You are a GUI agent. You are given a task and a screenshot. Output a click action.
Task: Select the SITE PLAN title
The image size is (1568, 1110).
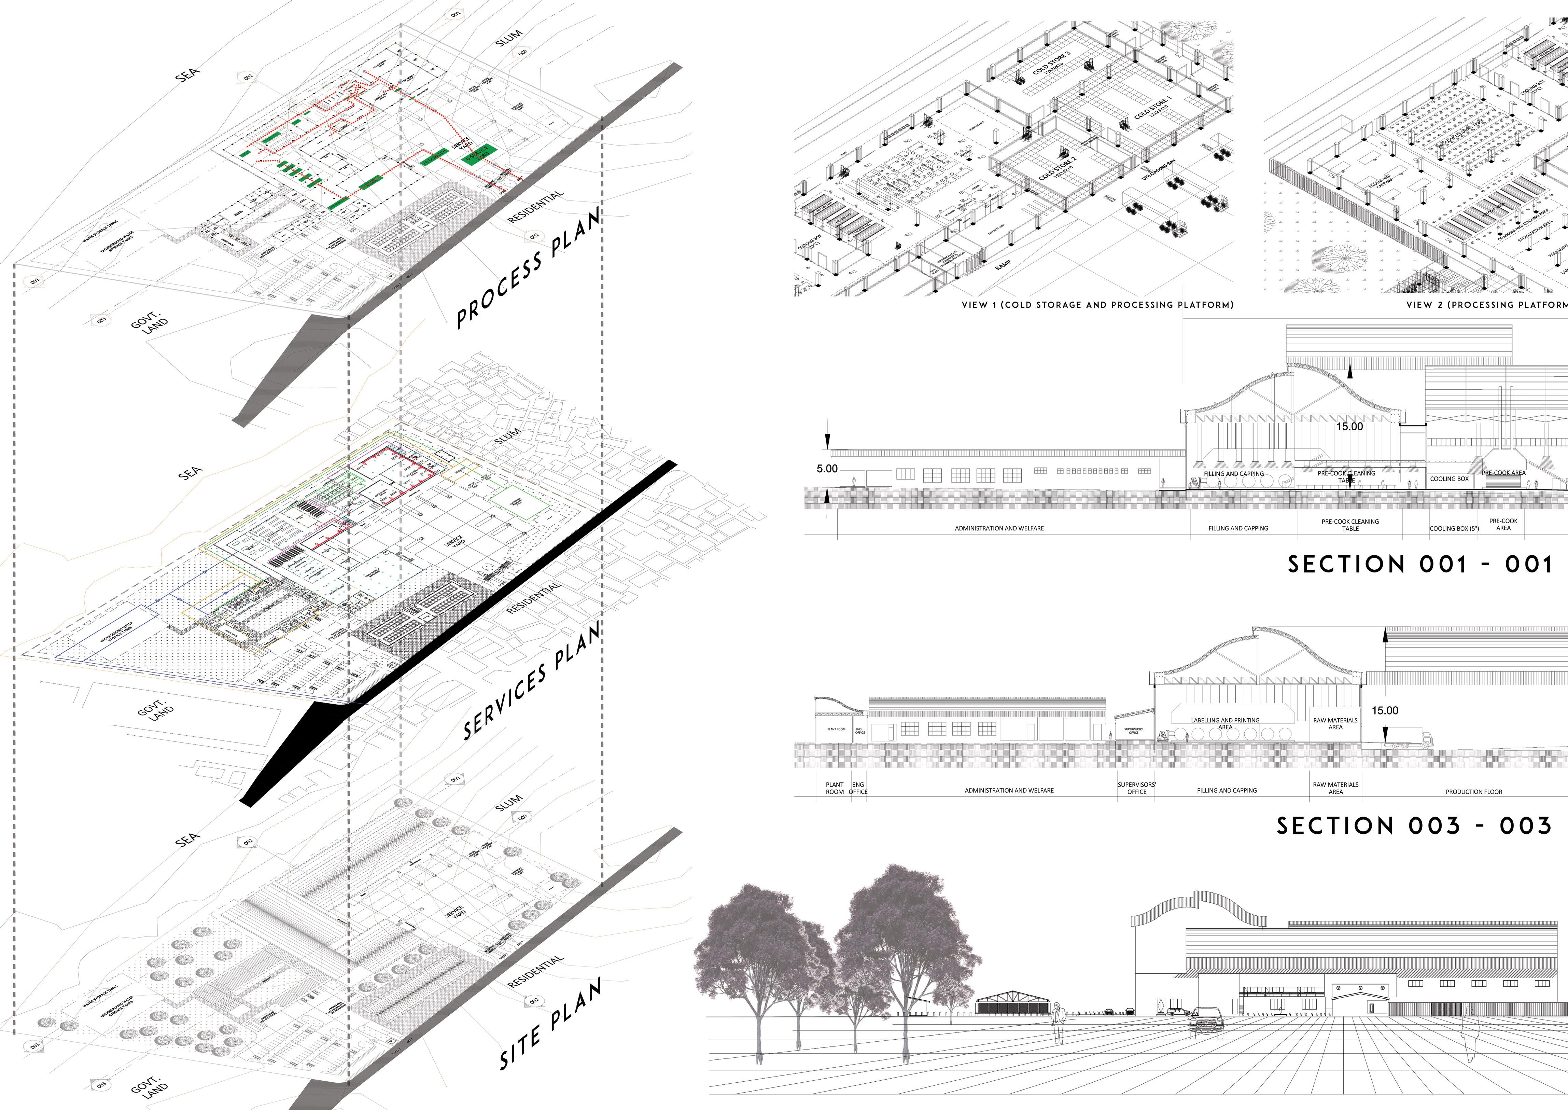tap(550, 1023)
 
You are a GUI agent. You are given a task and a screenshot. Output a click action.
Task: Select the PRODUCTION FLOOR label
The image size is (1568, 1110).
tap(1474, 791)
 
